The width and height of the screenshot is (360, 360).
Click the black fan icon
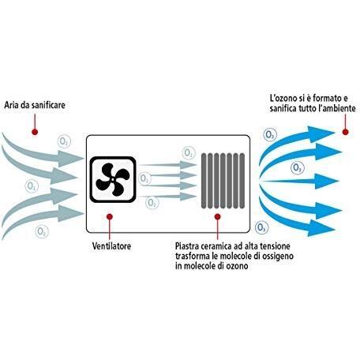[x=113, y=180]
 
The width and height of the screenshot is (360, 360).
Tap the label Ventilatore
[x=111, y=246]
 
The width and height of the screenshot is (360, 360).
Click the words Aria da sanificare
[x=35, y=105]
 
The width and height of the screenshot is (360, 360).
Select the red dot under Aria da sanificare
[x=35, y=132]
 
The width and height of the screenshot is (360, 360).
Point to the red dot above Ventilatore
[x=110, y=216]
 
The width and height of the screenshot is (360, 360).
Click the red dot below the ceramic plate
[x=217, y=216]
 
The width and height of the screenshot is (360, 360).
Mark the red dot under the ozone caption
[x=345, y=132]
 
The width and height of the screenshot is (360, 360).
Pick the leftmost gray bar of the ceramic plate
[x=204, y=181]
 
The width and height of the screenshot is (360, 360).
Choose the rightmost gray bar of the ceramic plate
[x=242, y=181]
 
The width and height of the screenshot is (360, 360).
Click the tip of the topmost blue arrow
[x=335, y=133]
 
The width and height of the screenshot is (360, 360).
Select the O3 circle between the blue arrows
[x=298, y=167]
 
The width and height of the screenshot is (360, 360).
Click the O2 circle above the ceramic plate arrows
[x=189, y=152]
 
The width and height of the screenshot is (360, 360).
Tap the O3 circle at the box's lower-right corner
[x=261, y=227]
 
